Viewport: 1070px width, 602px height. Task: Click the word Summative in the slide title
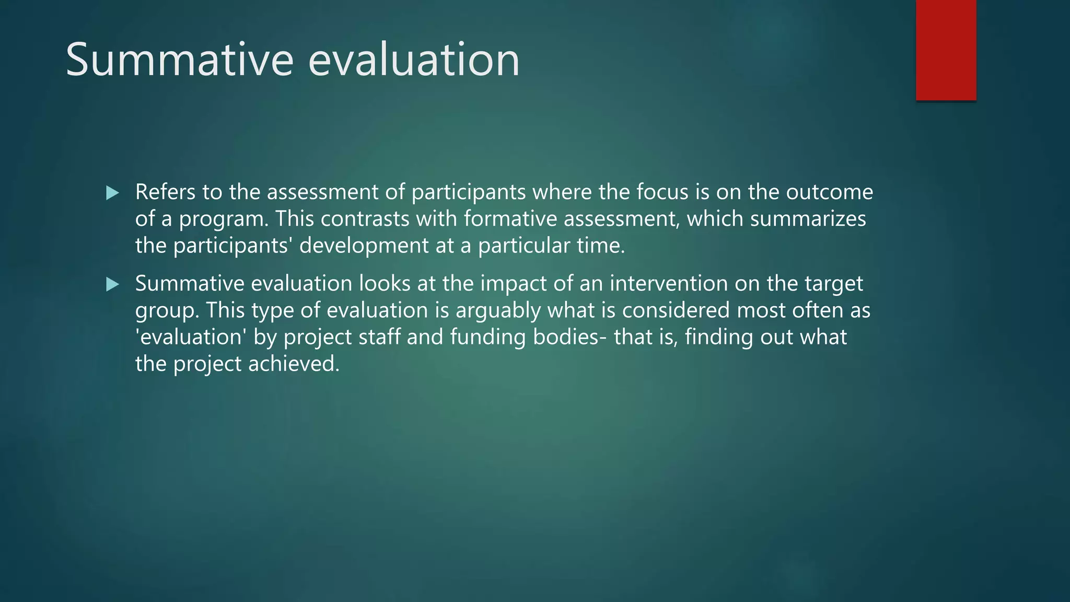click(180, 60)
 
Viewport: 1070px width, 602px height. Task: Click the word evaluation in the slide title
click(414, 60)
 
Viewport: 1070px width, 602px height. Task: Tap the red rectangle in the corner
click(946, 50)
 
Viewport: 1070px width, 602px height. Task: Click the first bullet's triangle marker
click(112, 193)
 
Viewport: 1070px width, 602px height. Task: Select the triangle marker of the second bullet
click(112, 285)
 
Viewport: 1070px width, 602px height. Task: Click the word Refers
click(165, 192)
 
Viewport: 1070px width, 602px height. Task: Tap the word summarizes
click(808, 219)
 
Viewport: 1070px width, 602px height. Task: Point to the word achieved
click(294, 364)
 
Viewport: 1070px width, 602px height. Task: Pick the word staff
click(379, 337)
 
